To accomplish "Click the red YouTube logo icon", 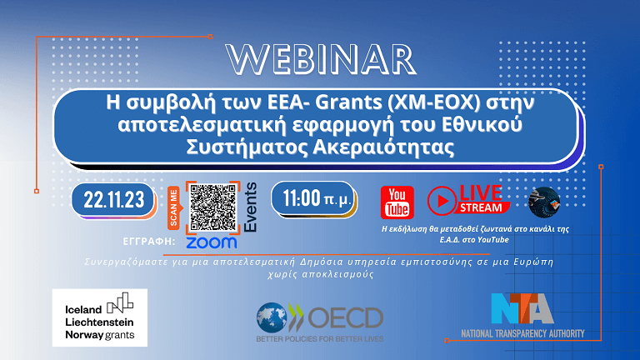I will (x=397, y=202).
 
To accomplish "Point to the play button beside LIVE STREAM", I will (x=442, y=201).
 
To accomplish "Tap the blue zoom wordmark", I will (x=211, y=242).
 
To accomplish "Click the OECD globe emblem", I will (x=274, y=317).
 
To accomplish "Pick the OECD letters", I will (x=345, y=317).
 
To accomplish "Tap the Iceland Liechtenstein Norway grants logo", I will (x=99, y=317).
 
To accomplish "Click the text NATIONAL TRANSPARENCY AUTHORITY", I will (x=522, y=333).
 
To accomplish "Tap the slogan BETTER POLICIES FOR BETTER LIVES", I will (x=320, y=339).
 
